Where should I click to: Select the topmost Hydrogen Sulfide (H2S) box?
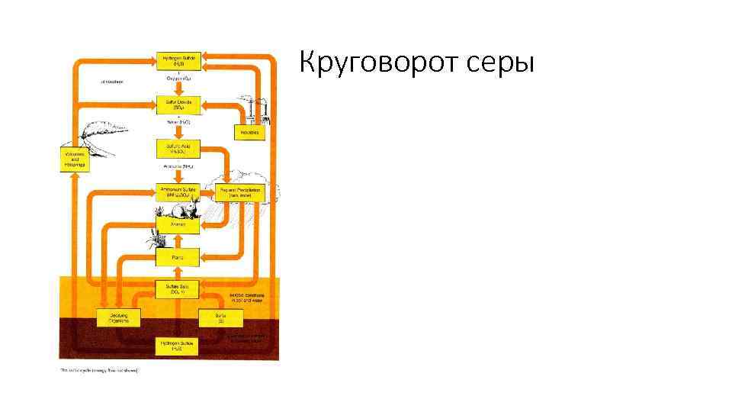178,60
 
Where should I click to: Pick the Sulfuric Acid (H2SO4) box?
178,148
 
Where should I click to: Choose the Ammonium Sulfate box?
178,192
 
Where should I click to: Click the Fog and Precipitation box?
239,192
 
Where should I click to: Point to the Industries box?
249,132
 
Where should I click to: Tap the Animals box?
178,225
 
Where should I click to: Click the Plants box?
178,257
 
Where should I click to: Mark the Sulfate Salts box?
178,288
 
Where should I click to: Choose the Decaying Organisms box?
117,317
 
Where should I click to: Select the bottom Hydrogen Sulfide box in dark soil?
178,346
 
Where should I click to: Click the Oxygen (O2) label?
178,78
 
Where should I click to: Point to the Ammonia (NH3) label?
178,166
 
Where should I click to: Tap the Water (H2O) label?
178,121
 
